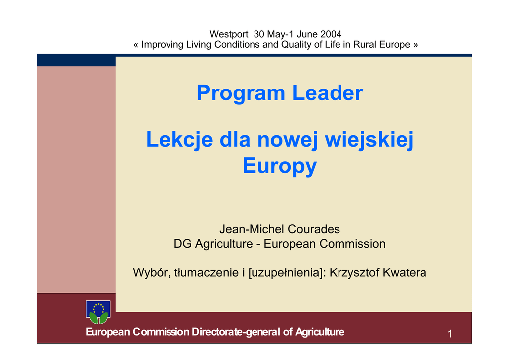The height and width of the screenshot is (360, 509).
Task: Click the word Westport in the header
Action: click(229, 34)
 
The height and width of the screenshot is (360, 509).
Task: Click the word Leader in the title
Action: click(328, 93)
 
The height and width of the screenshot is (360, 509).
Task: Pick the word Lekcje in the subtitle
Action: click(179, 140)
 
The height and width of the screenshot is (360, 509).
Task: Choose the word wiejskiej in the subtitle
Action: click(369, 140)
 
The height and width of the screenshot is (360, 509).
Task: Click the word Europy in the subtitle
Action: click(279, 166)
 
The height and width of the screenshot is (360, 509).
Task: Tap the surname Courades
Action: click(314, 229)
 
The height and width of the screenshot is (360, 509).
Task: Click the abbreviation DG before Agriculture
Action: click(183, 244)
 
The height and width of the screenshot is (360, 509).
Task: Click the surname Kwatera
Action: click(405, 272)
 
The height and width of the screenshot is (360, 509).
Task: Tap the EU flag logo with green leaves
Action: click(98, 312)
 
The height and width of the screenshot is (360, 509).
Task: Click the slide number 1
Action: click(450, 334)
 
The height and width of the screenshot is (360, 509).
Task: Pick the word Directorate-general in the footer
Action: click(236, 332)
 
